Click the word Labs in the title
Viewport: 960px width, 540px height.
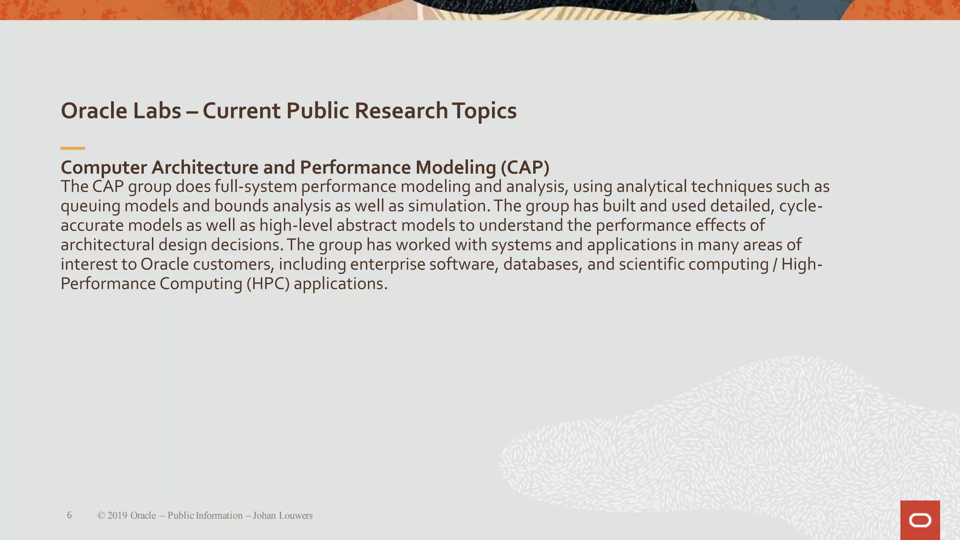pyautogui.click(x=157, y=111)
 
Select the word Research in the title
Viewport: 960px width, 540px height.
pyautogui.click(x=401, y=111)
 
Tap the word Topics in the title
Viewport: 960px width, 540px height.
pyautogui.click(x=484, y=111)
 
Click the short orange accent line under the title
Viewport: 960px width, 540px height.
pyautogui.click(x=73, y=148)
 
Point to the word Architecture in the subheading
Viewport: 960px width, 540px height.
pyautogui.click(x=205, y=167)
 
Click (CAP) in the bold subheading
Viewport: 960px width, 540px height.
pyautogui.click(x=525, y=167)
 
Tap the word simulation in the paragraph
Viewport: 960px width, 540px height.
pyautogui.click(x=447, y=206)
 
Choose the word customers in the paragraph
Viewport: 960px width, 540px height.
pyautogui.click(x=233, y=264)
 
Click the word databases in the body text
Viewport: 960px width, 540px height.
pyautogui.click(x=542, y=264)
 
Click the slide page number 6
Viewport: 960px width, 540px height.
pyautogui.click(x=69, y=515)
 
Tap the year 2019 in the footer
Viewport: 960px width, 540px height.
pyautogui.click(x=117, y=516)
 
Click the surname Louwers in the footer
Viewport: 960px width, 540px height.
pyautogui.click(x=295, y=516)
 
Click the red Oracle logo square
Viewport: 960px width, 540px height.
pyautogui.click(x=920, y=520)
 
